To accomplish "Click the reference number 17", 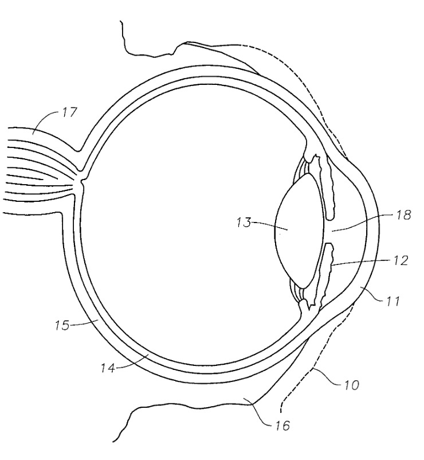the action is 69,112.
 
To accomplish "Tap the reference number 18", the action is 403,215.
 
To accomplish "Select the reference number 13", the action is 244,223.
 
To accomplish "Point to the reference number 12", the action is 400,260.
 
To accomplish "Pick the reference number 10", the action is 351,385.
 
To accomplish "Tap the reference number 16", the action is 282,425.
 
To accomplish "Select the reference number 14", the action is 108,368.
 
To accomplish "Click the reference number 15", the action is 62,325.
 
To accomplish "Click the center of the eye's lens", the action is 299,231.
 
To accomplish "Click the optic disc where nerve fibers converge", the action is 81,184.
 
